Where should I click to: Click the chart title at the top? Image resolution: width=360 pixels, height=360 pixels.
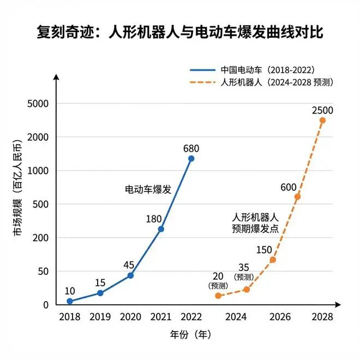point(180,32)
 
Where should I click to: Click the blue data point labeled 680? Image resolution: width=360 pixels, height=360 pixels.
point(191,159)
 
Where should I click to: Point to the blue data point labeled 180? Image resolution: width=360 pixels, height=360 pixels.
point(160,229)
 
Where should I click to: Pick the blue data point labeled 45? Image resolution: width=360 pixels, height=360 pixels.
point(130,275)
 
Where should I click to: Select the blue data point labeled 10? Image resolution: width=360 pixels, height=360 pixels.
point(69,301)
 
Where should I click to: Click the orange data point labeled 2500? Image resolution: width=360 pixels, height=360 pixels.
point(322,120)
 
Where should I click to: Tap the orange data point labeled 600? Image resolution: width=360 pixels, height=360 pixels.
point(297,196)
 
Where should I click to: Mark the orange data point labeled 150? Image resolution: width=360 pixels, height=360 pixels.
point(273,260)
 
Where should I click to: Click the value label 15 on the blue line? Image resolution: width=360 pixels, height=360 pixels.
point(100,283)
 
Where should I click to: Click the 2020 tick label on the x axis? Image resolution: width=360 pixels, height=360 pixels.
point(130,317)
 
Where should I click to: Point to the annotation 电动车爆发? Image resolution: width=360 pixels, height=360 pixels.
point(148,190)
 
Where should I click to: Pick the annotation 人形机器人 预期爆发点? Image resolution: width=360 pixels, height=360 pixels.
point(255,223)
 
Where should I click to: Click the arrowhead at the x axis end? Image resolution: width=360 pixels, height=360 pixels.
point(338,304)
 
